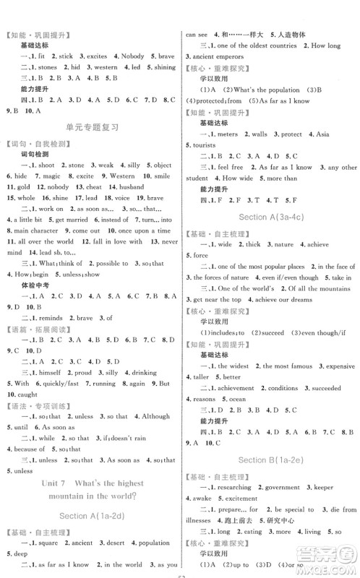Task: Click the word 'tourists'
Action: coord(205,144)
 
